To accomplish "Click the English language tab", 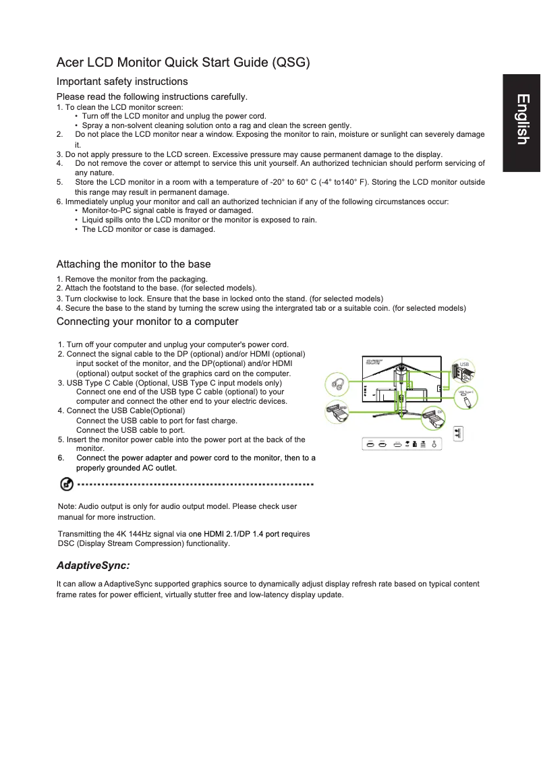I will [x=521, y=120].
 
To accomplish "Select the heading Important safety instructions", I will [x=122, y=82].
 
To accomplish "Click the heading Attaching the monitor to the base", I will [x=134, y=264].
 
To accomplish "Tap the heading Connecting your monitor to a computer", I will [x=147, y=321].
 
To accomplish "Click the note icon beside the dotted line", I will [x=67, y=484].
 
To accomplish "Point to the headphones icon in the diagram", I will [x=339, y=385].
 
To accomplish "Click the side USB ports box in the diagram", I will [x=459, y=434].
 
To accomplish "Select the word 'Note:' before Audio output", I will [x=67, y=506].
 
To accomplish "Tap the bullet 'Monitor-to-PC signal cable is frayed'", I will [x=167, y=210].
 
